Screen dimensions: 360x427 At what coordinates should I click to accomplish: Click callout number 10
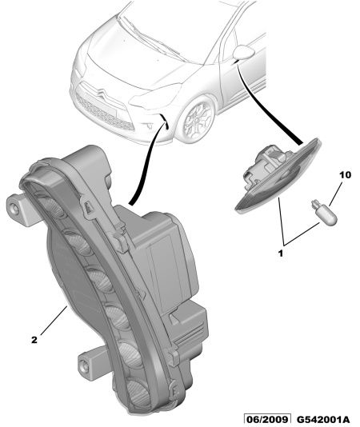[x=345, y=175]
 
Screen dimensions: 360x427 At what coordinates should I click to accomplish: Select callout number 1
[x=281, y=253]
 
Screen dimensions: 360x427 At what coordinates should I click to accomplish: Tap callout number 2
[x=34, y=340]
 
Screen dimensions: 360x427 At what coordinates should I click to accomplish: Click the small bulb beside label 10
[x=324, y=212]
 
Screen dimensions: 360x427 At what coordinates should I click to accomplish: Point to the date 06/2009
[x=267, y=419]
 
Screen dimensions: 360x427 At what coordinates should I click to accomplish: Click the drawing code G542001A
[x=323, y=419]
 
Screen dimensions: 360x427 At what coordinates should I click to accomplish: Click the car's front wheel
[x=197, y=120]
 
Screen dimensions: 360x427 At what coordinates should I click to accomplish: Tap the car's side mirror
[x=244, y=53]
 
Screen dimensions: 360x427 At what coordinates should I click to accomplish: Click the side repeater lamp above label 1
[x=278, y=174]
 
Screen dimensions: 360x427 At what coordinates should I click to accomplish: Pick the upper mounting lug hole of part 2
[x=14, y=209]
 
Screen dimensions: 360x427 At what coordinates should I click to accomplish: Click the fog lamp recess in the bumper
[x=149, y=126]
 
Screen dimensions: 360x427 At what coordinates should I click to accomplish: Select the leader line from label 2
[x=54, y=320]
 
